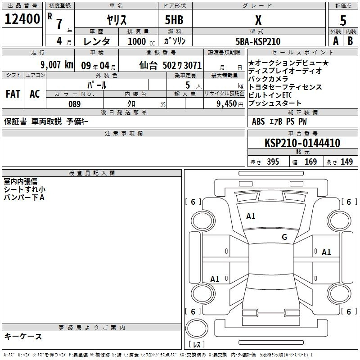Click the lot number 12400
pos(22,19)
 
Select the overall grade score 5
pos(343,20)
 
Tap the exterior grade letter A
pos(336,41)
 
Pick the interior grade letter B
pos(350,41)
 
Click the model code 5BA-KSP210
pos(258,41)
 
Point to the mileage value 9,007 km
pos(57,65)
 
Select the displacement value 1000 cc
pos(141,41)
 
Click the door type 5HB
pos(174,20)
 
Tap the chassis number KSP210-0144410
pos(302,143)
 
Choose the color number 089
pos(75,104)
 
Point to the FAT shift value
pos(13,94)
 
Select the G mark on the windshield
pos(284,237)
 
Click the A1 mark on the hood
pos(251,216)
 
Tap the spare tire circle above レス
pos(197,328)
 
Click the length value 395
pos(273,162)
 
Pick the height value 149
pos(346,162)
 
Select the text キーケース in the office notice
pos(23,337)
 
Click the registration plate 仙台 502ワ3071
pos(171,66)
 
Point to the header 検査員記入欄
pos(92,173)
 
